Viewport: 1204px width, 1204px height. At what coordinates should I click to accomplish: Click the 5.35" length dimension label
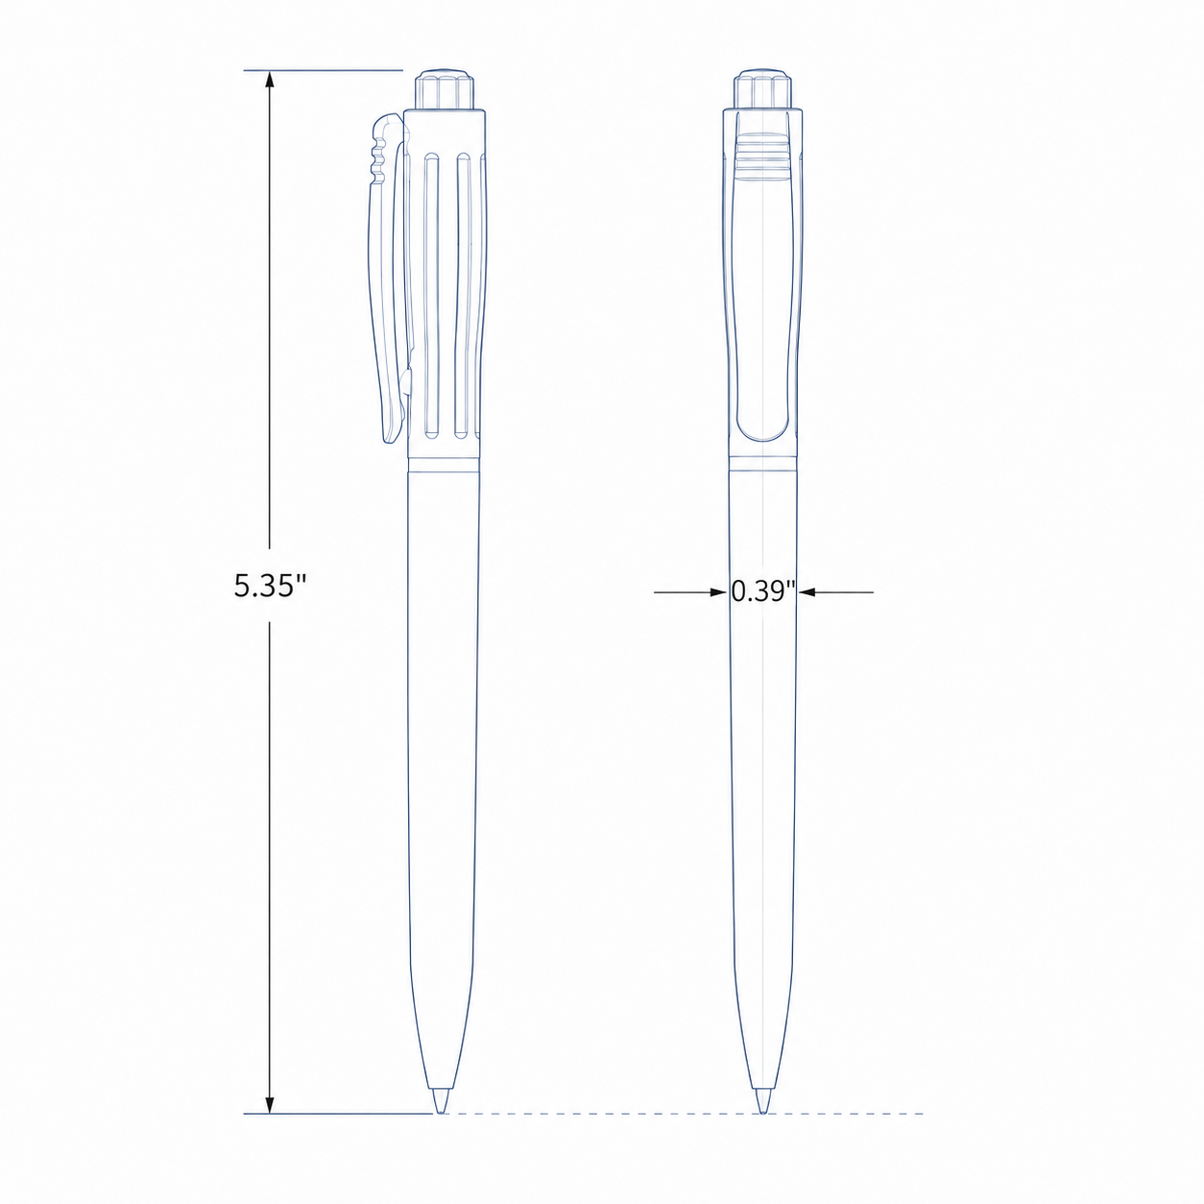coord(271,586)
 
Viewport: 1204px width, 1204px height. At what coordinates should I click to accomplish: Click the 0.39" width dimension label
coord(763,590)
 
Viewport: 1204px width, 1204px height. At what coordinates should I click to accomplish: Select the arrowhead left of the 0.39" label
coord(718,591)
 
